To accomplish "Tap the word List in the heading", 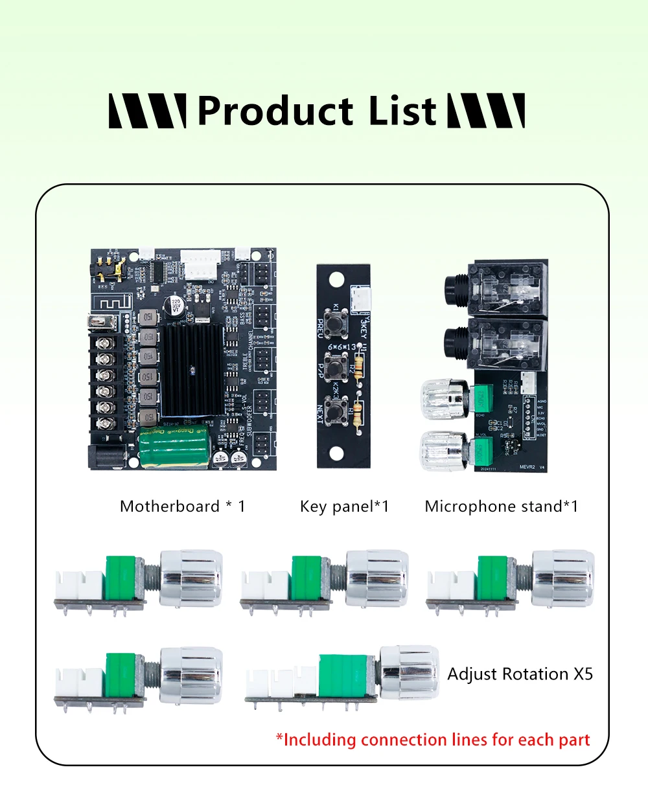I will point(402,111).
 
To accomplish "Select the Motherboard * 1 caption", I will point(183,507).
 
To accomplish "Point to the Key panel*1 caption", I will point(344,507).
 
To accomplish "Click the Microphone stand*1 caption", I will point(501,507).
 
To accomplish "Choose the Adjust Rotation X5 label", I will point(520,674).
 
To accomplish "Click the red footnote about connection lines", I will point(433,740).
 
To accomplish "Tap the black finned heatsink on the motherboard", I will point(192,370).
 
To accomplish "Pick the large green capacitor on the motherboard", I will point(173,448).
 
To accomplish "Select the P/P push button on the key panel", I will point(336,370).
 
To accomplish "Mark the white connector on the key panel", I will point(360,300).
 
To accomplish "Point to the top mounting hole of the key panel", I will point(336,280).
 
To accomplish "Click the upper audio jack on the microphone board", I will point(496,287).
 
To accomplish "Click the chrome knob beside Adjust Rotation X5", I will point(409,672).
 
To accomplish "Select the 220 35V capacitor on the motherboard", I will point(176,305).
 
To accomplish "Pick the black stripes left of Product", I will point(148,111).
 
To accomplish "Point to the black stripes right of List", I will point(486,111).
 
